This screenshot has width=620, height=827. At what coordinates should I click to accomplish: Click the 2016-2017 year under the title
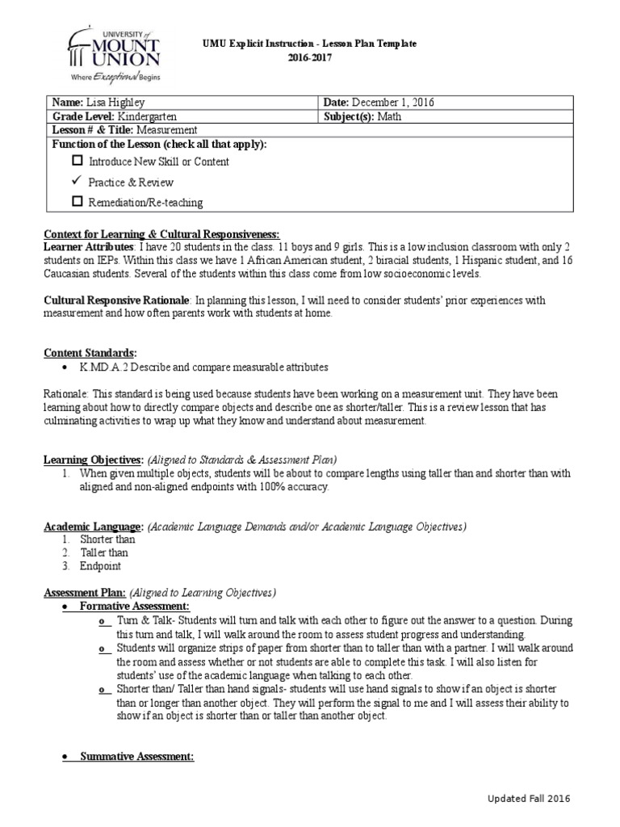310,58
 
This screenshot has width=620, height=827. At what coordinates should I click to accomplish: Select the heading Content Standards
89,353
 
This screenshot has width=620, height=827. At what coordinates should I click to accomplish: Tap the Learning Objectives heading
93,459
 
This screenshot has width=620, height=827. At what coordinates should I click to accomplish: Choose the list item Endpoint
100,566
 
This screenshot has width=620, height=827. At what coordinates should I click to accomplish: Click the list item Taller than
103,552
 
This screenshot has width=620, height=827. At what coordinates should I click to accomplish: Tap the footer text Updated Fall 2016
529,798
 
